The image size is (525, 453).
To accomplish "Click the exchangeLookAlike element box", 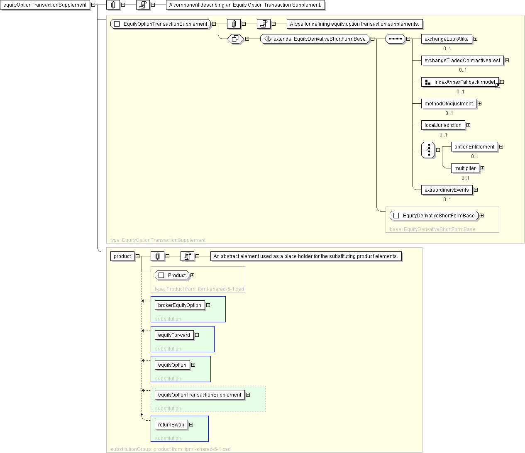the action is pyautogui.click(x=446, y=39).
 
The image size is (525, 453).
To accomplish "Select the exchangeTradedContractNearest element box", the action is pyautogui.click(x=462, y=61).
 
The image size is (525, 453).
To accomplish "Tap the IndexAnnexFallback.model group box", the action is pyautogui.click(x=460, y=82).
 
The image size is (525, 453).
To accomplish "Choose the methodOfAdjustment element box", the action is pyautogui.click(x=449, y=104).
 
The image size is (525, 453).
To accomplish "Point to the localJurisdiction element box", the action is pyautogui.click(x=443, y=125).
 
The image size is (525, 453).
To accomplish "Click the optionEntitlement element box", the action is pyautogui.click(x=474, y=147).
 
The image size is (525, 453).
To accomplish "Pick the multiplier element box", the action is pyautogui.click(x=465, y=168).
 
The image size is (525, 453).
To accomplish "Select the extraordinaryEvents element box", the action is pyautogui.click(x=447, y=190).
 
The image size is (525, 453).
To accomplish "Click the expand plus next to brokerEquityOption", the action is pyautogui.click(x=208, y=305).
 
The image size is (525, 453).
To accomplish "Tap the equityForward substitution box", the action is pyautogui.click(x=182, y=339).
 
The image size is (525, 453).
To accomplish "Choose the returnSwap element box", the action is pyautogui.click(x=171, y=424).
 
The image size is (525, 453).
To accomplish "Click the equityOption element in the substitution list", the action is pyautogui.click(x=172, y=365).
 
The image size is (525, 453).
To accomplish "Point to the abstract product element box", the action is pyautogui.click(x=122, y=256).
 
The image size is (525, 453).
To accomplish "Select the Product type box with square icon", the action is pyautogui.click(x=172, y=275).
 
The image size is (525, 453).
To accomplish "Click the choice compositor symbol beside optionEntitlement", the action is pyautogui.click(x=428, y=150).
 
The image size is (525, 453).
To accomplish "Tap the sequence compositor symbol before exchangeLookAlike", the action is pyautogui.click(x=395, y=39).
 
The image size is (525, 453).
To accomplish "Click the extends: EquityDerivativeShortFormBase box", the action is pyautogui.click(x=315, y=39).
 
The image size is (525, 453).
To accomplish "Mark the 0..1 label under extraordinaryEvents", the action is pyautogui.click(x=447, y=200).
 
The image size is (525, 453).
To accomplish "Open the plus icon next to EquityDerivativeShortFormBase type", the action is pyautogui.click(x=481, y=216).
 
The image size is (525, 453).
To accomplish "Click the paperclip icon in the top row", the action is pyautogui.click(x=113, y=5).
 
